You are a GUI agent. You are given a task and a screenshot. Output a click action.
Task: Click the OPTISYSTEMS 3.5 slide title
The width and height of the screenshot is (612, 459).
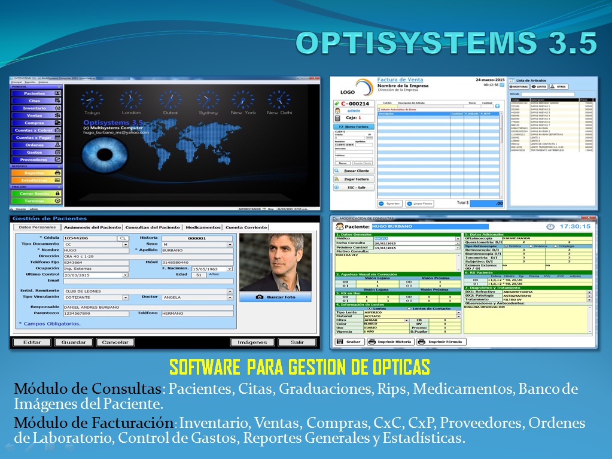[446, 44]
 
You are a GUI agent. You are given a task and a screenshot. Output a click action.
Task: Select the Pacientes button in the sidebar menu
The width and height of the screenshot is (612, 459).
[36, 93]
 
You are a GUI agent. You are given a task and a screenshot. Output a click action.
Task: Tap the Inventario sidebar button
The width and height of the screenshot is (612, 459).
[36, 108]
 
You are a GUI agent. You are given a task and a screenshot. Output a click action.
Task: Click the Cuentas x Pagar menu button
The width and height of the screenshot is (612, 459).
[36, 138]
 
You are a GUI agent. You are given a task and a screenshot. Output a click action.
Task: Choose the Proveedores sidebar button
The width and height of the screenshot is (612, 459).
[36, 160]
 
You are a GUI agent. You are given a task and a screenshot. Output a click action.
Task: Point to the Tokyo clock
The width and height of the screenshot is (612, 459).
[92, 100]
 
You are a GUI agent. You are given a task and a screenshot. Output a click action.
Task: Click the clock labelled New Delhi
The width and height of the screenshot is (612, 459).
[279, 100]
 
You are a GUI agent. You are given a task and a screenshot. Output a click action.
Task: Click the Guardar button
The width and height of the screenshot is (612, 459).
[74, 342]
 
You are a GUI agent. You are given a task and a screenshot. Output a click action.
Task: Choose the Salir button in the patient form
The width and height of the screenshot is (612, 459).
[297, 342]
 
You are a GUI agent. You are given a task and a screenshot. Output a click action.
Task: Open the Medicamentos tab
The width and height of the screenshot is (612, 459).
[202, 227]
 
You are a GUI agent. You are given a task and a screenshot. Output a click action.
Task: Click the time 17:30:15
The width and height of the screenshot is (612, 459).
[574, 226]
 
